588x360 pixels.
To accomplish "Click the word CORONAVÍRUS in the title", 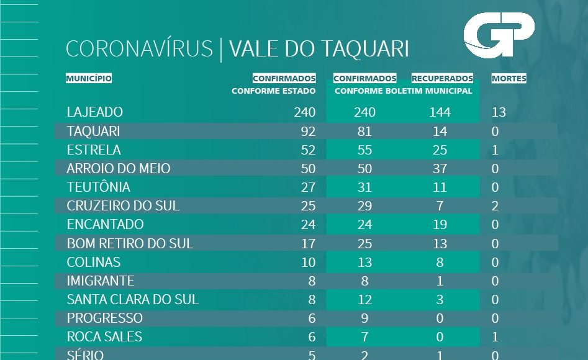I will pyautogui.click(x=139, y=50).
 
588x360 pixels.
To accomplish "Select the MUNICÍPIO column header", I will pyautogui.click(x=89, y=79).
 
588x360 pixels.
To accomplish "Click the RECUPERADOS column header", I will pyautogui.click(x=442, y=79).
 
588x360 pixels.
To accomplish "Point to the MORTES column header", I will pyautogui.click(x=509, y=79).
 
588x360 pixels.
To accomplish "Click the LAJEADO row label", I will pyautogui.click(x=95, y=112).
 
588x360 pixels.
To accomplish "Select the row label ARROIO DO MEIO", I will pyautogui.click(x=119, y=168).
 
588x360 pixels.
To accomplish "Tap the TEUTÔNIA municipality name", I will pyautogui.click(x=99, y=187).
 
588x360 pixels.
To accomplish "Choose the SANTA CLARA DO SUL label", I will pyautogui.click(x=133, y=299).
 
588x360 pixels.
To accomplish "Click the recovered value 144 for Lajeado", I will pyautogui.click(x=440, y=112).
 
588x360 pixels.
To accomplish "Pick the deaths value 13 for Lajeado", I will pyautogui.click(x=499, y=112).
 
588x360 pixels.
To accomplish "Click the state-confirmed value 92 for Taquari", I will pyautogui.click(x=308, y=132).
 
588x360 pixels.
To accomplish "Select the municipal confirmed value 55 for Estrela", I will pyautogui.click(x=364, y=150).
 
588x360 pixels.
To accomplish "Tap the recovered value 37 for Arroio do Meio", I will pyautogui.click(x=440, y=169).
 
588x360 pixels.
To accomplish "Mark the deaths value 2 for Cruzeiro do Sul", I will pyautogui.click(x=495, y=206).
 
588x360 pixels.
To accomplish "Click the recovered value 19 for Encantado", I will pyautogui.click(x=440, y=225).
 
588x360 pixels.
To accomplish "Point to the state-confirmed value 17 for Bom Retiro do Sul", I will pyautogui.click(x=308, y=243).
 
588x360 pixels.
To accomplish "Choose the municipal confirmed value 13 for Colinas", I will pyautogui.click(x=364, y=262).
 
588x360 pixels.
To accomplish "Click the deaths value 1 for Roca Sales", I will pyautogui.click(x=495, y=337).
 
